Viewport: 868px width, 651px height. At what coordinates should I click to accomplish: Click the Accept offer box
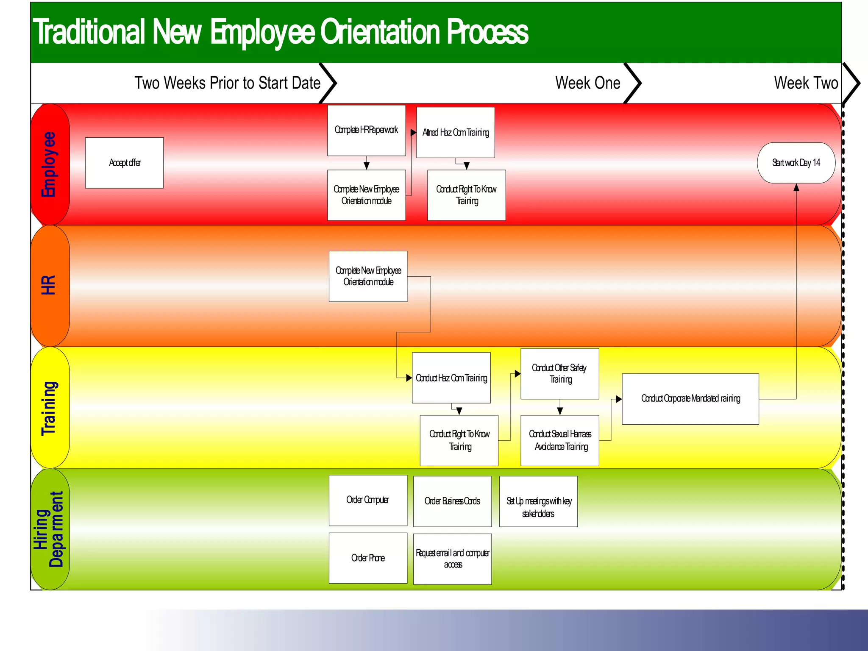(x=124, y=163)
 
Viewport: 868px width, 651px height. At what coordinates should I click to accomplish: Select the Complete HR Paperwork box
(x=366, y=131)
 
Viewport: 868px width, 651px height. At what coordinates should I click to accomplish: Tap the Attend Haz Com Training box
(x=456, y=133)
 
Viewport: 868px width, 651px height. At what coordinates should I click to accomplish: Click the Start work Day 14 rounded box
(x=796, y=163)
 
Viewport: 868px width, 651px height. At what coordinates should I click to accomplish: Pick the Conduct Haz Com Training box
(x=451, y=378)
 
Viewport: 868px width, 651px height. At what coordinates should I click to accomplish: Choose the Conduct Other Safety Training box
(x=559, y=373)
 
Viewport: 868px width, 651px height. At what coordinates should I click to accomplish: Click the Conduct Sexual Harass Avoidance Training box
(x=559, y=440)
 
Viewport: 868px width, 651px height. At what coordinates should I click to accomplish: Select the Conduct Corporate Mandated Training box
(x=690, y=399)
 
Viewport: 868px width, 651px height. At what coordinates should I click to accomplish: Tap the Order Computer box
(x=368, y=500)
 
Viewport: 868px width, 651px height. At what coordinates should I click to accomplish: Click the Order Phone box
(x=368, y=558)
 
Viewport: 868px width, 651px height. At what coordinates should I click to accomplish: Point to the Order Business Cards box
(x=452, y=501)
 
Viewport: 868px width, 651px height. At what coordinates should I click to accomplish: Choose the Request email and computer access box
(x=452, y=559)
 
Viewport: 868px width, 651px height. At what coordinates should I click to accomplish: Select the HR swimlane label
(x=49, y=285)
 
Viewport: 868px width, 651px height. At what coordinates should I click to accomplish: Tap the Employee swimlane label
(x=49, y=164)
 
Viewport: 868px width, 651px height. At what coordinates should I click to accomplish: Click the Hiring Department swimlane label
(x=49, y=529)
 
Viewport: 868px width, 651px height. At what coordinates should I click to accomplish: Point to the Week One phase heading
(x=587, y=83)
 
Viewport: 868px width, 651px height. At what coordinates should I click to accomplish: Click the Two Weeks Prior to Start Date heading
(x=227, y=83)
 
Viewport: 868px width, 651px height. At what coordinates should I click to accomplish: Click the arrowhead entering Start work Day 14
(x=796, y=187)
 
